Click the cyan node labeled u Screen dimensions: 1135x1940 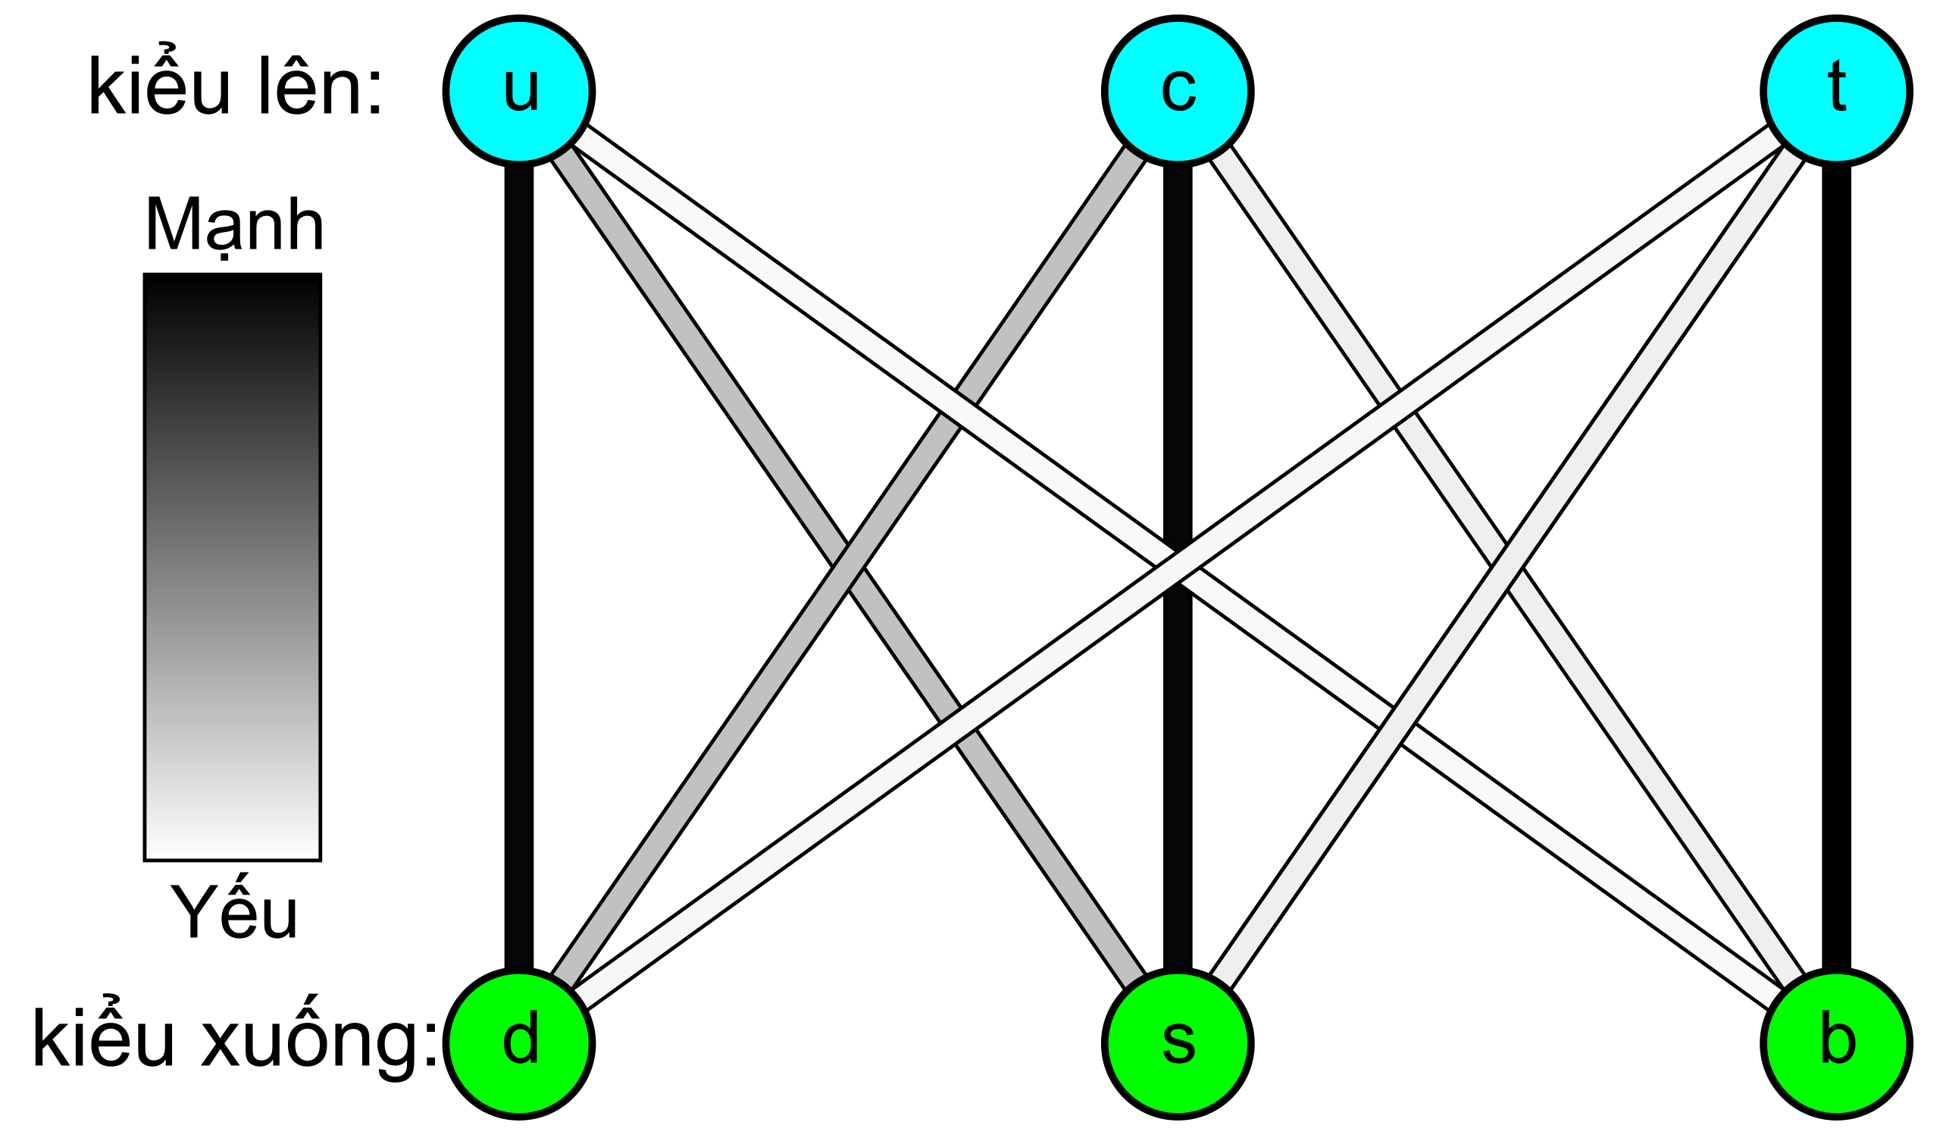coord(519,92)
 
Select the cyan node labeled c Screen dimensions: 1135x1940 coord(1178,92)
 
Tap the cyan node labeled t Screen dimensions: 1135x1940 coord(1837,92)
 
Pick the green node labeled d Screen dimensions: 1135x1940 coord(519,1043)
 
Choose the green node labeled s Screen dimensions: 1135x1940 coord(1178,1043)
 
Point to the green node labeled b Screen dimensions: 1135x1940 coord(1837,1043)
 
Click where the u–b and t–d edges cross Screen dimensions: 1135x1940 coord(1178,567)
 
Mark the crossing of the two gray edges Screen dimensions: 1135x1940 coord(848,567)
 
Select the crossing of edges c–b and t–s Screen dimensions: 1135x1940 coord(1507,567)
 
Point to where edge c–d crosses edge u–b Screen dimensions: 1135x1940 coord(958,409)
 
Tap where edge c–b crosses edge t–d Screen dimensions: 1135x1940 coord(1397,409)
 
